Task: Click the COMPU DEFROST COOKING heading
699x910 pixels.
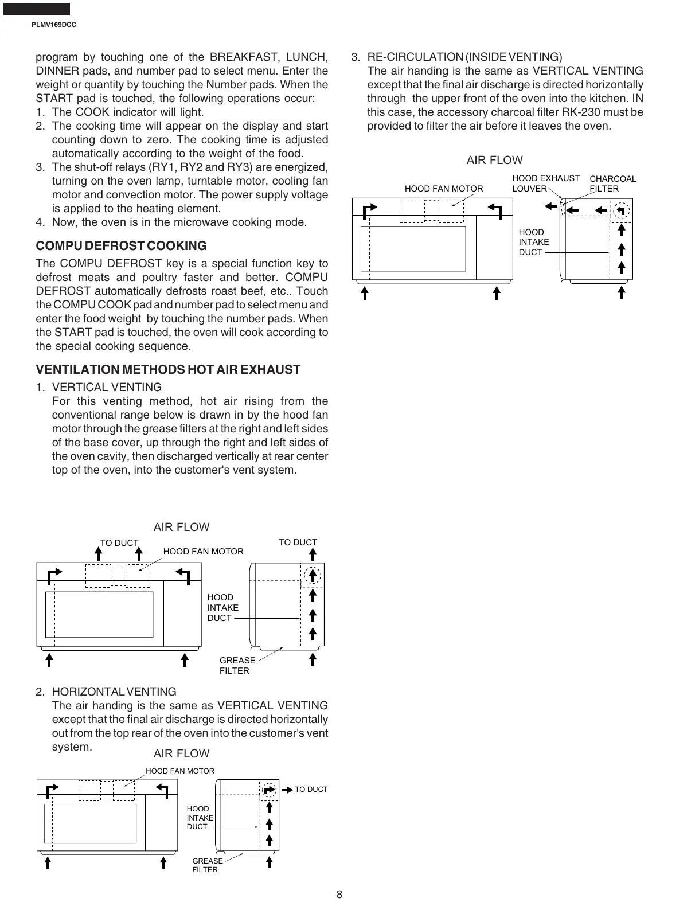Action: click(x=121, y=246)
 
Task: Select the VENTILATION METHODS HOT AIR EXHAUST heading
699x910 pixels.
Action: click(x=168, y=370)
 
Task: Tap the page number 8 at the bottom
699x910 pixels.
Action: click(x=339, y=895)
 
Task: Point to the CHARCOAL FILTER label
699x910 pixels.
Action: click(x=612, y=183)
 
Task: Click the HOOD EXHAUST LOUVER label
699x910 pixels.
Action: click(x=545, y=183)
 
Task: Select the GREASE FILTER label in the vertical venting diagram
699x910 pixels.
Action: click(x=237, y=666)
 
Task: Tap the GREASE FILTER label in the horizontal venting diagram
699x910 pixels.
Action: click(x=208, y=865)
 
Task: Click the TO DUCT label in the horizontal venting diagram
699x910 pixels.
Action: click(x=311, y=790)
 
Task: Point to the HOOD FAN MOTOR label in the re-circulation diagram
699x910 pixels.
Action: click(x=444, y=189)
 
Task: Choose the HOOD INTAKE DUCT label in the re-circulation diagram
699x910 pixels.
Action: click(x=533, y=242)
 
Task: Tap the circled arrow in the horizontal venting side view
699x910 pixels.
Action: click(x=269, y=790)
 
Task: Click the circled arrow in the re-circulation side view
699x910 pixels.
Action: click(x=621, y=210)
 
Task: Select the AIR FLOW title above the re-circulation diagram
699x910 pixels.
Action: click(x=494, y=161)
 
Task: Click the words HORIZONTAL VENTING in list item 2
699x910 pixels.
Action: click(x=114, y=692)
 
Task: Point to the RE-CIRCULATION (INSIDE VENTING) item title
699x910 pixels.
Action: click(x=464, y=57)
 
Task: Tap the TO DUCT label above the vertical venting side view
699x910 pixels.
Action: click(x=298, y=542)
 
